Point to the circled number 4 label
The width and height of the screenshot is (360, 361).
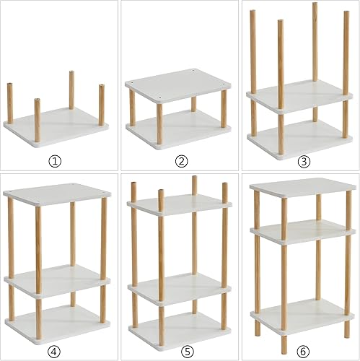point(56,352)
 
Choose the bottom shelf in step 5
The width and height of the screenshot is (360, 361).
point(178,329)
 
